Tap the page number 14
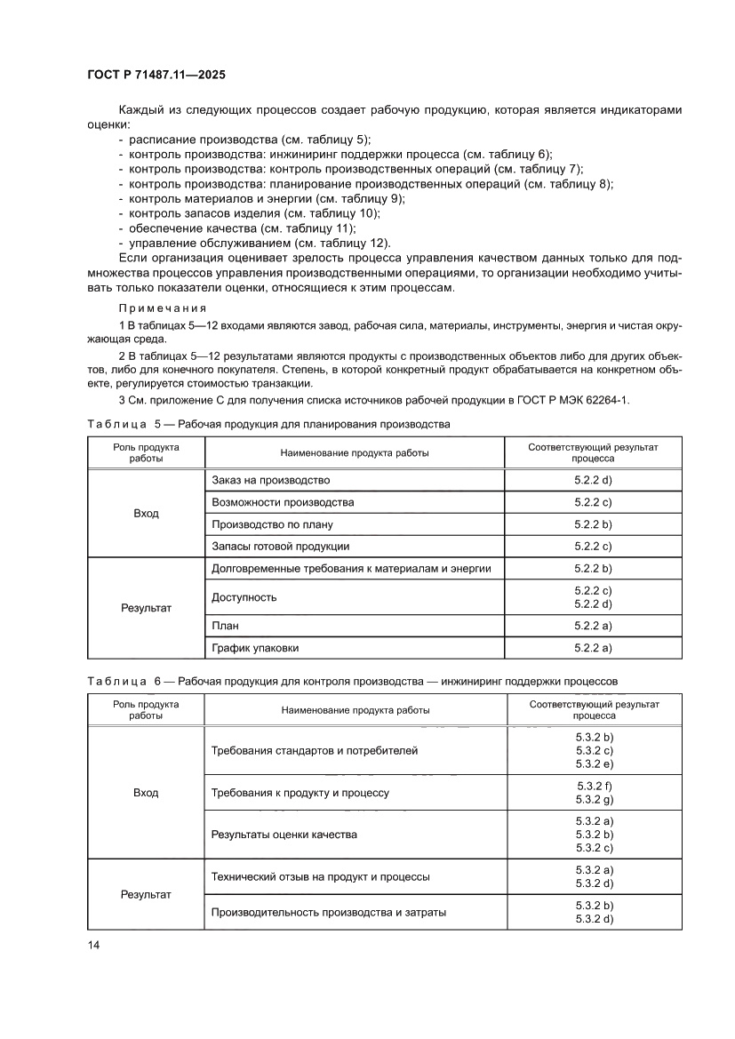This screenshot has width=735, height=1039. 93,944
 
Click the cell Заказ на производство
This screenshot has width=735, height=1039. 271,480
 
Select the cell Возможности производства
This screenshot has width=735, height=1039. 283,502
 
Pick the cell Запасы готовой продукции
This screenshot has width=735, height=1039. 281,546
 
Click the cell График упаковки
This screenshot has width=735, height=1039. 256,647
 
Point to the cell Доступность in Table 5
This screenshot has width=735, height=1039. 244,597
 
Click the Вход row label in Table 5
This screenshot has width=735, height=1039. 146,514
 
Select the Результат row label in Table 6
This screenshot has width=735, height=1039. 146,895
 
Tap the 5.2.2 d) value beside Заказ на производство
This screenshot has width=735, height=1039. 594,480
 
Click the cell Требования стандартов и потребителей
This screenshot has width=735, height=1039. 315,751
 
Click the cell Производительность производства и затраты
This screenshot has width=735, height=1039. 329,912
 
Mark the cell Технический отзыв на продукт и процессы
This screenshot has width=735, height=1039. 321,876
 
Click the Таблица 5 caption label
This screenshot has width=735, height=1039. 125,424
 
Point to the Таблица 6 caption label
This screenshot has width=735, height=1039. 125,681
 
